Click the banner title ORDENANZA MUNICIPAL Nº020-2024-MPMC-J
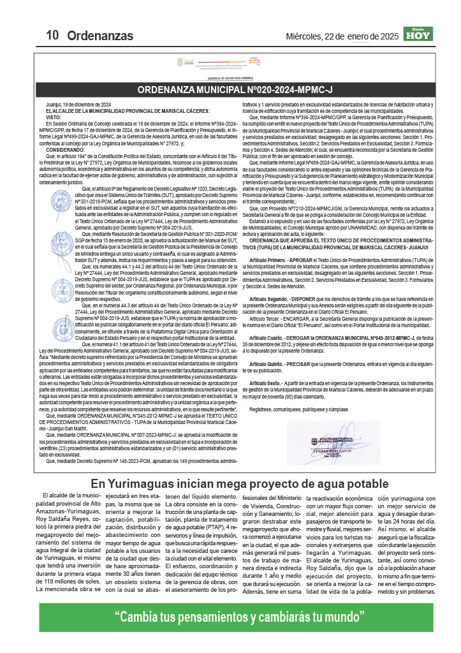point(235,90)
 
